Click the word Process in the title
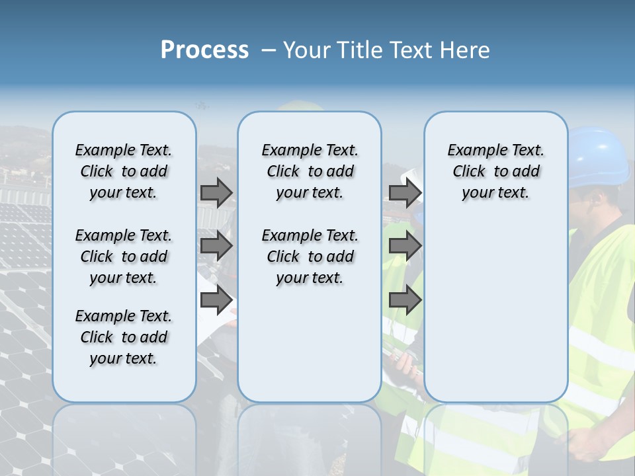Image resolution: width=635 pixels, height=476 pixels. (x=204, y=50)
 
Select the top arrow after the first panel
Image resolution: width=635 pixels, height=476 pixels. (x=216, y=192)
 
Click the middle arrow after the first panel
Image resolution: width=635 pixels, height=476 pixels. (x=216, y=247)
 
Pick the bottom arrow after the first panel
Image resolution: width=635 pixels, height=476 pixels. (x=216, y=300)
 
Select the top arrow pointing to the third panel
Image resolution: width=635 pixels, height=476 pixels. (x=405, y=192)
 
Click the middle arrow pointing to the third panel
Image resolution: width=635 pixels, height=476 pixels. (x=405, y=247)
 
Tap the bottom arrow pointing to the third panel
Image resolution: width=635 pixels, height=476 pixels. (x=405, y=300)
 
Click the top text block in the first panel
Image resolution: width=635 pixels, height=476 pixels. (x=123, y=171)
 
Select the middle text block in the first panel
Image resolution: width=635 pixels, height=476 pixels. (x=123, y=257)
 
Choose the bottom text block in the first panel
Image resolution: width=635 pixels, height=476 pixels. (x=123, y=337)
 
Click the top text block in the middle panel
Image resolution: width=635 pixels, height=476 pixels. (x=310, y=171)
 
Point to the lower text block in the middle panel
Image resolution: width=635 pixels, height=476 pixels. (x=310, y=257)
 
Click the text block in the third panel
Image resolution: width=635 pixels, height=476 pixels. (x=495, y=171)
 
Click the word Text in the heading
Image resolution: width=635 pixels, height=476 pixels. (x=411, y=50)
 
